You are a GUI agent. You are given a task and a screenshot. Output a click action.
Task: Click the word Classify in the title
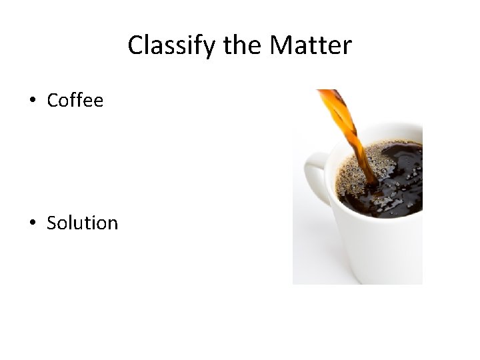(167, 46)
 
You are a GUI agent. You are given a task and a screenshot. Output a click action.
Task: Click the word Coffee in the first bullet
(75, 101)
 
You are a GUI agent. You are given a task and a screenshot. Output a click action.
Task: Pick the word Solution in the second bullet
(82, 223)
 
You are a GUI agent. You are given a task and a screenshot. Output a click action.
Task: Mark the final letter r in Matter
(347, 47)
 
